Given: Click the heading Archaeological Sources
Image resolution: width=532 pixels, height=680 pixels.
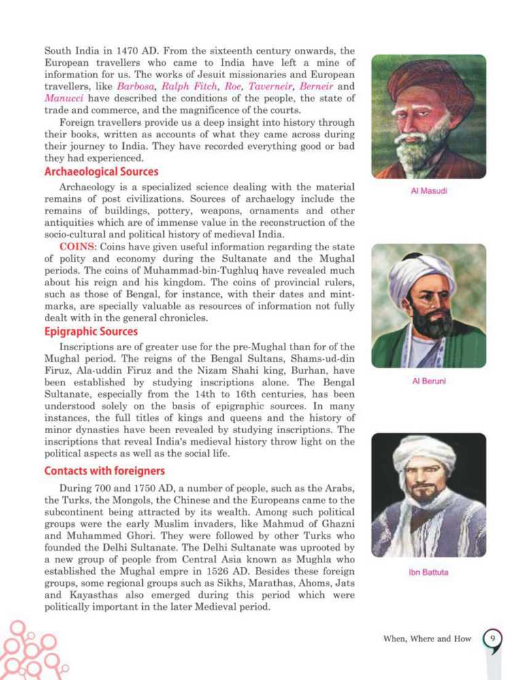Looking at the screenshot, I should (x=101, y=171).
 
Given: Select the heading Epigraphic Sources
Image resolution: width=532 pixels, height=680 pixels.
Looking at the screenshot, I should (x=91, y=332).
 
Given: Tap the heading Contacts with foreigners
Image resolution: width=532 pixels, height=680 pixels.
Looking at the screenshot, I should (x=104, y=471).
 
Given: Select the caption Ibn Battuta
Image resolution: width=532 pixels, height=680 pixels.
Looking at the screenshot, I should (x=429, y=572).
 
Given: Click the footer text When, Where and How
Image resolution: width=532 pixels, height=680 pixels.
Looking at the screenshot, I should (x=427, y=639).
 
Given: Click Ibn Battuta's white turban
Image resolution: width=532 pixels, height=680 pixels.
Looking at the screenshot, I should (x=426, y=452).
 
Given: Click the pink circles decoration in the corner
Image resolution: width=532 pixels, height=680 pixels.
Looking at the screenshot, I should (x=27, y=649).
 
